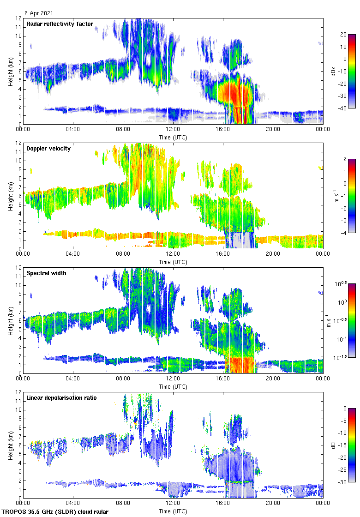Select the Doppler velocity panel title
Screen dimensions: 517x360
click(x=48, y=149)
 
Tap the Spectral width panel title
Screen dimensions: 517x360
click(x=46, y=273)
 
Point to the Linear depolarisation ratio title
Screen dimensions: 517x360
click(x=61, y=398)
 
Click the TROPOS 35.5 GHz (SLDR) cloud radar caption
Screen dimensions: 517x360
click(x=56, y=512)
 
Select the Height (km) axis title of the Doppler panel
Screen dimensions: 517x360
click(x=10, y=196)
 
